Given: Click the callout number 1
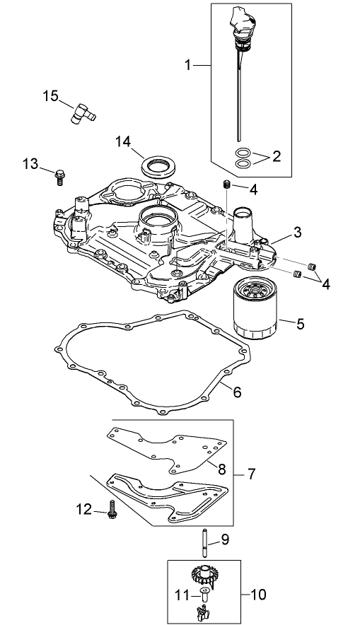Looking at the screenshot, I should click(188, 65).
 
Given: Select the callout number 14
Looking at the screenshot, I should click(124, 141).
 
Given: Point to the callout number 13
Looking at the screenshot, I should click(30, 164).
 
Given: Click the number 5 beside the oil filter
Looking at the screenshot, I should click(300, 325).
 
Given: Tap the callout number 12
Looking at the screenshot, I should click(85, 508).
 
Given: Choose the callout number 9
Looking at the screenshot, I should click(225, 540).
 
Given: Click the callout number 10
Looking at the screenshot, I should click(258, 595).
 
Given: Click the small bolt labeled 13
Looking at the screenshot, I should click(59, 175).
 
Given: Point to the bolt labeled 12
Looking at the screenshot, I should click(112, 512).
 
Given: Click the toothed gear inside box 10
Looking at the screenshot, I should click(202, 573).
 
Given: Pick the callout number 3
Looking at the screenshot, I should click(298, 231).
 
